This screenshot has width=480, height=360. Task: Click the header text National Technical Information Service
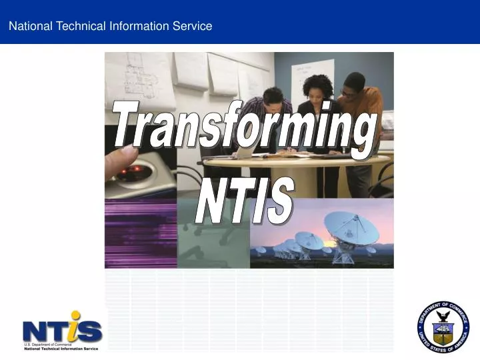point(110,26)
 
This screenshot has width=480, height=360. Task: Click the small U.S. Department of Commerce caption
point(47,344)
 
